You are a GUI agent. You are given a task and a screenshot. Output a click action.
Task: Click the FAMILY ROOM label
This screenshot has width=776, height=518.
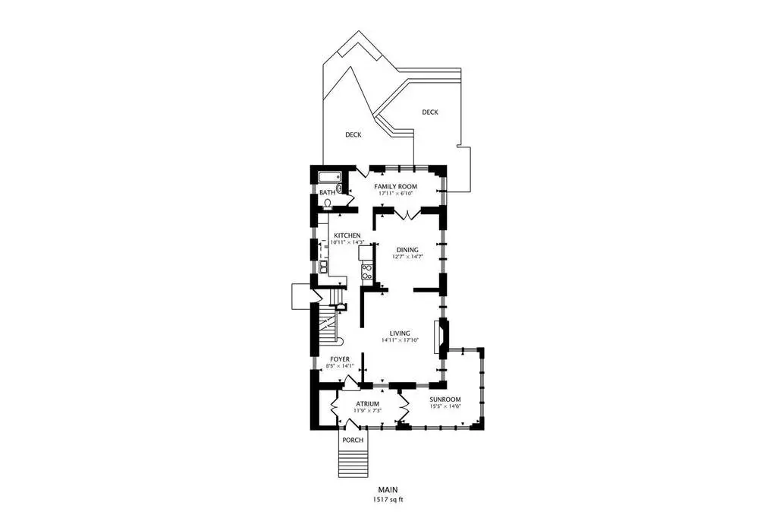[395, 186]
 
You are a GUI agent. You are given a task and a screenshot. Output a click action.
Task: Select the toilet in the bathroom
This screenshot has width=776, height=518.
[327, 204]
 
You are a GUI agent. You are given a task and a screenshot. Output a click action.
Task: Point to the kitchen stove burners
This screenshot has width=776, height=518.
[366, 272]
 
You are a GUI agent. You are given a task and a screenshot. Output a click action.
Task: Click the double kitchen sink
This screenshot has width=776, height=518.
[323, 267]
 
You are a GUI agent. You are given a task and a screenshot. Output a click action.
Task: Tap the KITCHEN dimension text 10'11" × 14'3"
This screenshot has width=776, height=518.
[347, 242]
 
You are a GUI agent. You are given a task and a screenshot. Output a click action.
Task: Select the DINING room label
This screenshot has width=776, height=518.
[407, 250]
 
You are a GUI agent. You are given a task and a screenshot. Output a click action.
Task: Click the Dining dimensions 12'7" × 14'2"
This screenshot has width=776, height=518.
[407, 257]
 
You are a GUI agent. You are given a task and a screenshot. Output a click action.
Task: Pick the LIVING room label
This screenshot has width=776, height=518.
[400, 333]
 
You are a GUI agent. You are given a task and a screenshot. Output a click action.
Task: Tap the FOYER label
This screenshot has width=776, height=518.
[340, 359]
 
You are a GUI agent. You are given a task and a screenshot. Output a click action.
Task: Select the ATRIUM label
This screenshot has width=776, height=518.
[367, 404]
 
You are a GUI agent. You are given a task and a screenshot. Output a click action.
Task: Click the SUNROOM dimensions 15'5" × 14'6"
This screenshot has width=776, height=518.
[445, 406]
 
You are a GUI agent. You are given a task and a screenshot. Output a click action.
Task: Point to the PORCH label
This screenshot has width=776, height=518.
[353, 441]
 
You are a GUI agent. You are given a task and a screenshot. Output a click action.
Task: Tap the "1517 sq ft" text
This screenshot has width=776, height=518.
[388, 500]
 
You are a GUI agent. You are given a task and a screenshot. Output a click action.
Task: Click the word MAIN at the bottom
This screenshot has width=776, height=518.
[388, 490]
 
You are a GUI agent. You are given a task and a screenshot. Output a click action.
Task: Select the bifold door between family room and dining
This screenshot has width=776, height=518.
[407, 215]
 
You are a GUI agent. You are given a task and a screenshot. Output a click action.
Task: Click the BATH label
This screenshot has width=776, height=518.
[327, 192]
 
